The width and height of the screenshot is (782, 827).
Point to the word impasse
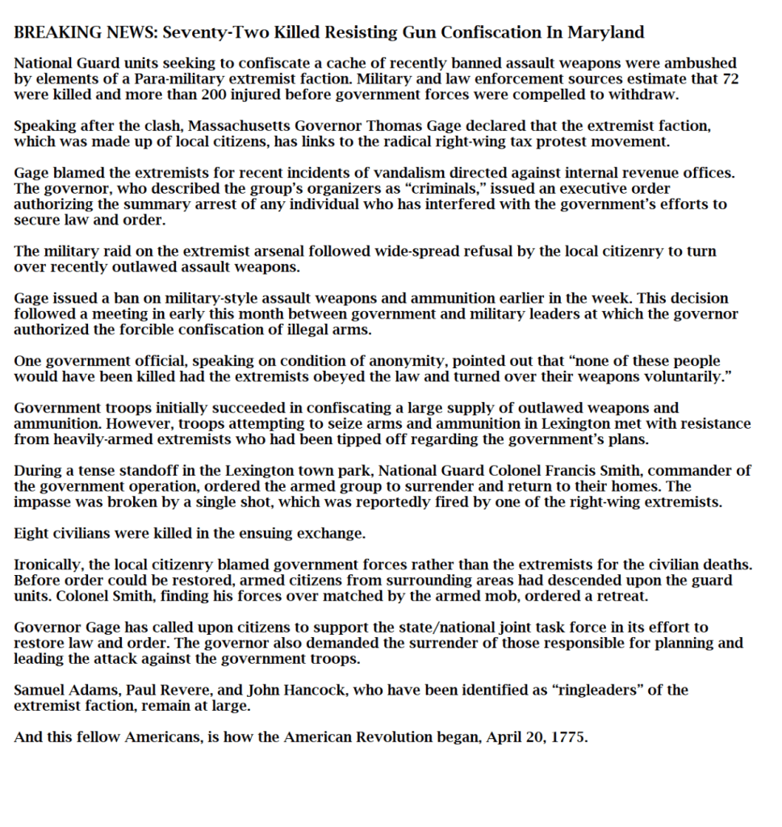pos(43,502)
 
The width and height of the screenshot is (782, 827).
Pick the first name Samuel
pos(41,691)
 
